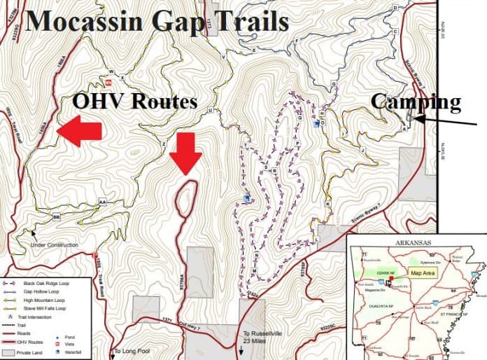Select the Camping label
416,103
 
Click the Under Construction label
54,245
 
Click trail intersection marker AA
103,202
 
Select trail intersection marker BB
57,218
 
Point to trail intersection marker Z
164,144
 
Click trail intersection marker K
328,205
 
